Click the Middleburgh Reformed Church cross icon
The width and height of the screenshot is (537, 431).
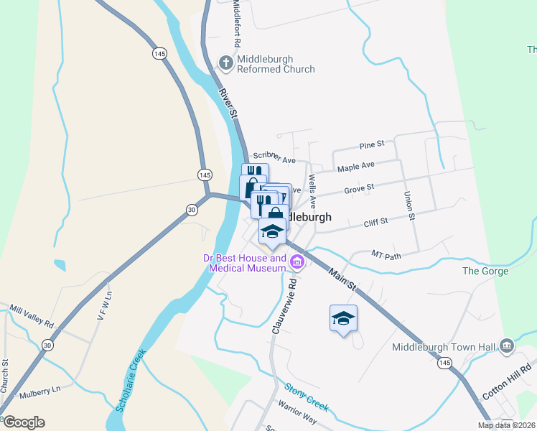pyautogui.click(x=226, y=62)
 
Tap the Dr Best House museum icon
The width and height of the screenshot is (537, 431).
pyautogui.click(x=297, y=264)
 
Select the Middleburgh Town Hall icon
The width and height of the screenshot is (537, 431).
pyautogui.click(x=508, y=347)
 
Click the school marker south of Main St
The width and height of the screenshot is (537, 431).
pyautogui.click(x=343, y=318)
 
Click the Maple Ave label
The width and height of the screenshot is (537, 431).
pyautogui.click(x=356, y=167)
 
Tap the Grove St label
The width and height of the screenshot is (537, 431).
pyautogui.click(x=360, y=188)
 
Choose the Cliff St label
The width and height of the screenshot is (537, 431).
pyautogui.click(x=375, y=223)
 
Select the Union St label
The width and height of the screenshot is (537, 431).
pyautogui.click(x=410, y=205)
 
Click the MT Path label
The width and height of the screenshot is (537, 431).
pyautogui.click(x=386, y=255)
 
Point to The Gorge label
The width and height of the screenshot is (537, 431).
pyautogui.click(x=480, y=271)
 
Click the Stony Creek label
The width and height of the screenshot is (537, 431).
pyautogui.click(x=307, y=397)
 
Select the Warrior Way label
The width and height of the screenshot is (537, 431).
pyautogui.click(x=297, y=419)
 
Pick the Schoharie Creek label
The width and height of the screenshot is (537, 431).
pyautogui.click(x=130, y=381)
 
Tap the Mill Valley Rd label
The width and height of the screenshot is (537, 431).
pyautogui.click(x=32, y=317)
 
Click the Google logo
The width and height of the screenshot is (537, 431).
pyautogui.click(x=23, y=422)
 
